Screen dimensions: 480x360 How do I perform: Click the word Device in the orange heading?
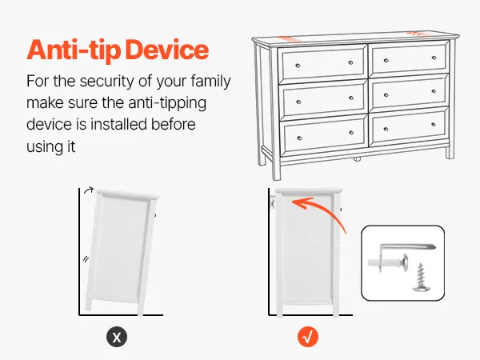[167, 50]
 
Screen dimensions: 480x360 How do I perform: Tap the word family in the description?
[210, 82]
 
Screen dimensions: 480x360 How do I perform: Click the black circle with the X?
[117, 337]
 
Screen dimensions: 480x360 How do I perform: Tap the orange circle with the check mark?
[308, 337]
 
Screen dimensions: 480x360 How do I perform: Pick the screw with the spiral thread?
[421, 278]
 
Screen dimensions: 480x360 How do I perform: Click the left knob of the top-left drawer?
[298, 66]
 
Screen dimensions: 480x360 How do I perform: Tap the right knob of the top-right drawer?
[434, 58]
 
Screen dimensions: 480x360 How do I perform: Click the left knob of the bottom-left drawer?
[299, 138]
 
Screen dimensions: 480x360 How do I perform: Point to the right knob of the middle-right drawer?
[434, 91]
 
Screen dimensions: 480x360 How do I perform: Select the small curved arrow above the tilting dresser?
[89, 190]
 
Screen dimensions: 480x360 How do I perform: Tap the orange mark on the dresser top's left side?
[290, 38]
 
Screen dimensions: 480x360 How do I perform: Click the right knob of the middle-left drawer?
[351, 98]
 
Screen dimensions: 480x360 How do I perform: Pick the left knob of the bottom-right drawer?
[386, 130]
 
